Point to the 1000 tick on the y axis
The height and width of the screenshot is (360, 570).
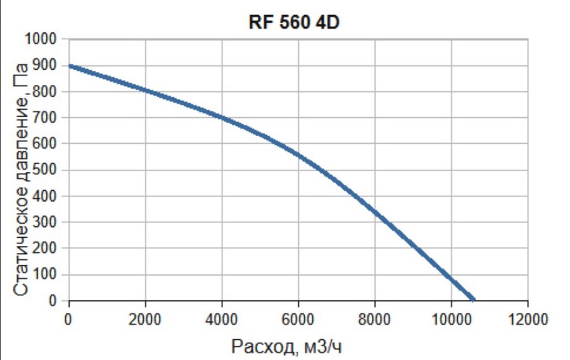point(46,39)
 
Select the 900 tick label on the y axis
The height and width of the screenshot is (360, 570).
point(49,65)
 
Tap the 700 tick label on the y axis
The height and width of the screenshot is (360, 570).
point(49,118)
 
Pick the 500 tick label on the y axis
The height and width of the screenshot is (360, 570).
point(49,170)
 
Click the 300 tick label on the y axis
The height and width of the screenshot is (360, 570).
point(49,222)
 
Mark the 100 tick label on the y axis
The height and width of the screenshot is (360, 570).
point(49,274)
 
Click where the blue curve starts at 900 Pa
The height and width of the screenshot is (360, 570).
point(70,66)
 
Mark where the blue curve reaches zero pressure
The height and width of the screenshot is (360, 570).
point(472,300)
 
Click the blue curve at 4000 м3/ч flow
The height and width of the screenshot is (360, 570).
point(222,118)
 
